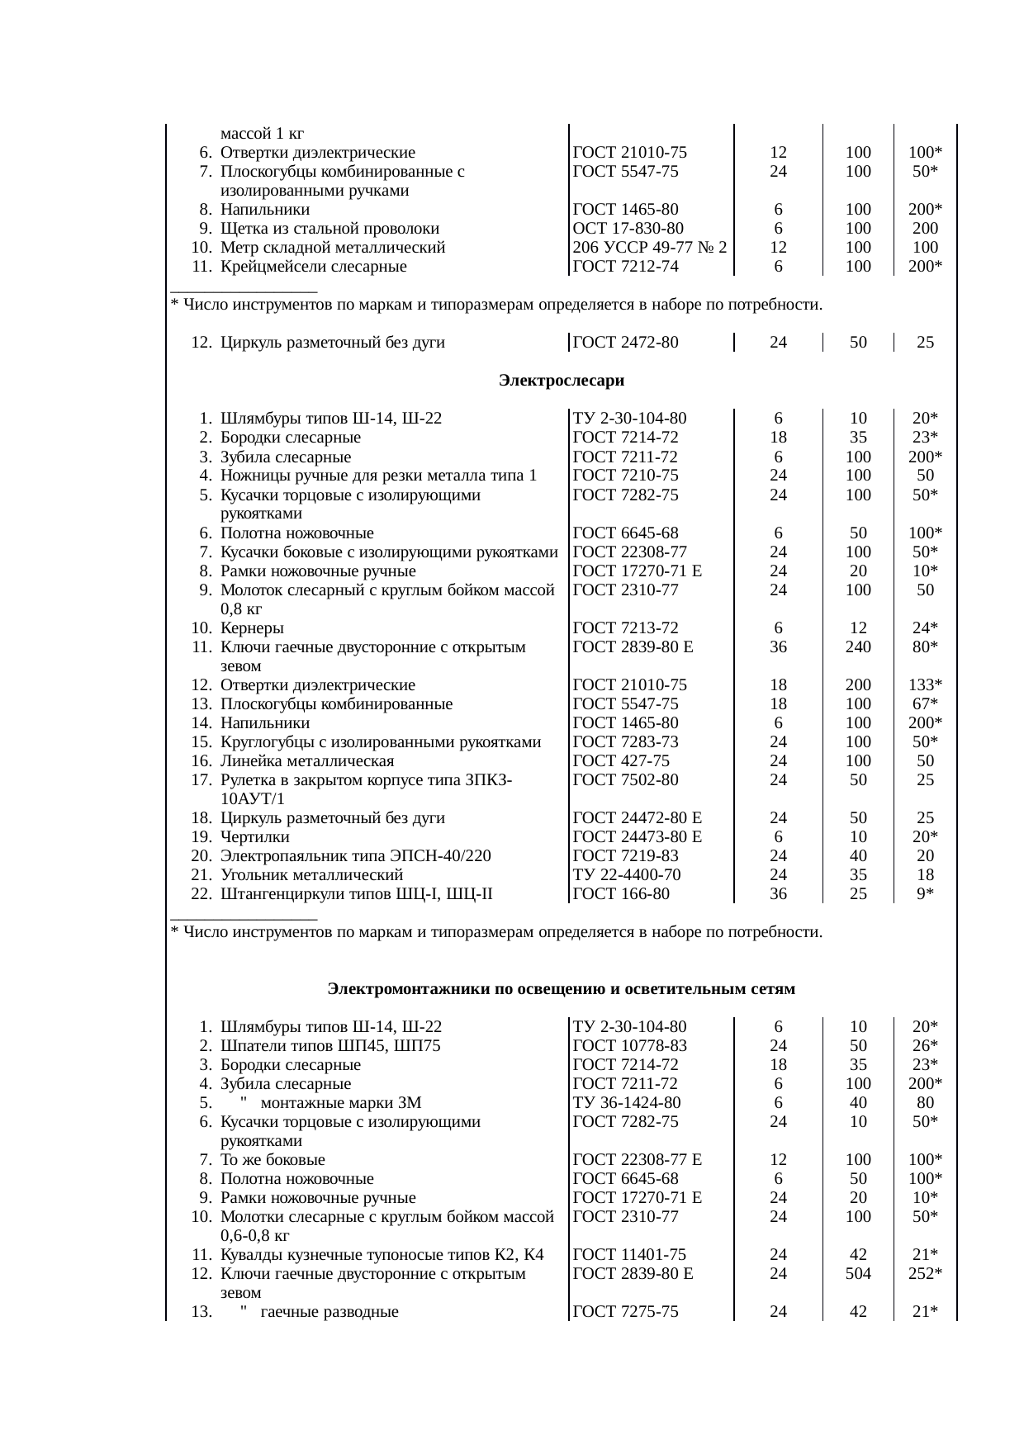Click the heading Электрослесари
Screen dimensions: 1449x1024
pyautogui.click(x=562, y=381)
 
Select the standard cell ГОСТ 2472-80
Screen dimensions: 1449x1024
pyautogui.click(x=625, y=342)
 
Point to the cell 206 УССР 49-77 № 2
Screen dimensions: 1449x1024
pyautogui.click(x=649, y=248)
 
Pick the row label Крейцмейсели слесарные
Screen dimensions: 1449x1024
pyautogui.click(x=314, y=267)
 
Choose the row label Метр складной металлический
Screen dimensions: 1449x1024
pyautogui.click(x=333, y=248)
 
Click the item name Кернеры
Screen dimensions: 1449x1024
pyautogui.click(x=252, y=628)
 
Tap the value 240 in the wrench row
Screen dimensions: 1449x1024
pyautogui.click(x=858, y=647)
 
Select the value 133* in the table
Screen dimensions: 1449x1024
pyautogui.click(x=926, y=685)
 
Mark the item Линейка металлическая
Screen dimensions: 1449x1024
pyautogui.click(x=307, y=761)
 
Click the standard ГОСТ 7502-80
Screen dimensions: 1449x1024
pyautogui.click(x=625, y=780)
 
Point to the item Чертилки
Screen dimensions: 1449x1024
pyautogui.click(x=255, y=837)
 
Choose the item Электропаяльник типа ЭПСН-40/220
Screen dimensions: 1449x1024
pyautogui.click(x=356, y=856)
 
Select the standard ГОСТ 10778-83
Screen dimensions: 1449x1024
pyautogui.click(x=630, y=1047)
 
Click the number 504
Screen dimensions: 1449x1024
pyautogui.click(x=858, y=1274)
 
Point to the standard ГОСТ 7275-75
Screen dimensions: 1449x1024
pyautogui.click(x=625, y=1312)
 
